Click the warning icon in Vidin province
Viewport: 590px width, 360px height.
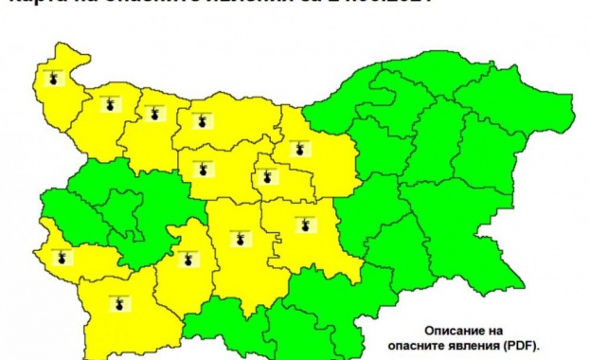(x=54, y=79)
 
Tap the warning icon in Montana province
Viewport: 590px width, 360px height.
(x=112, y=104)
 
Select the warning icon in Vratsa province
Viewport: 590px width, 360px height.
(x=153, y=114)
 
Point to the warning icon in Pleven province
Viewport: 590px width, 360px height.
(x=201, y=121)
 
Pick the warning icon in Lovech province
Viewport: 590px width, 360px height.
(x=201, y=171)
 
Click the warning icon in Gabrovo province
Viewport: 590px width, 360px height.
(x=266, y=176)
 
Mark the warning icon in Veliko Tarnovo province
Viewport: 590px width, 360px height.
(x=301, y=149)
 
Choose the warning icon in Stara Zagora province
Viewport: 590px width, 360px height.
(x=304, y=225)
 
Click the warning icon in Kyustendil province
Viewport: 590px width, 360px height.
(x=63, y=256)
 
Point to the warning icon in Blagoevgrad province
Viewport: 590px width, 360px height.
(x=118, y=304)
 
